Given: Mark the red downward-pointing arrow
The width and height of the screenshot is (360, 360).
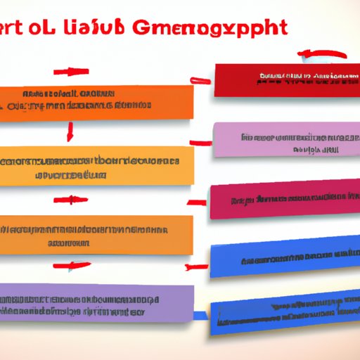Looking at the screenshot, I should pyautogui.click(x=70, y=131).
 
